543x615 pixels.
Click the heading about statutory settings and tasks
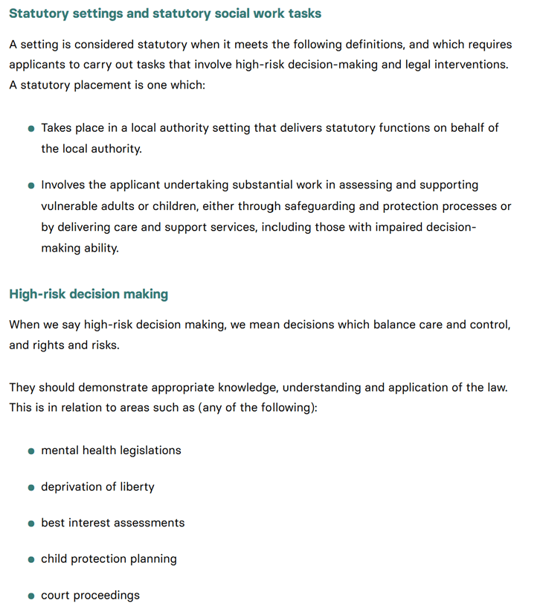tap(165, 13)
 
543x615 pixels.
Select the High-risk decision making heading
tap(89, 294)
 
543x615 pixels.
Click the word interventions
tap(471, 65)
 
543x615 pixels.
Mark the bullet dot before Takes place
tap(31, 129)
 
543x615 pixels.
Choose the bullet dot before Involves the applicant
tap(31, 185)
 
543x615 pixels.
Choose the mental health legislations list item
tap(111, 450)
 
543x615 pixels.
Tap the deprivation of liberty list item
tap(97, 487)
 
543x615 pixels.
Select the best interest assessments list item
tap(112, 523)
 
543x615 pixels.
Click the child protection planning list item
tap(109, 559)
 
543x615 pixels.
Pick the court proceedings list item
tap(90, 595)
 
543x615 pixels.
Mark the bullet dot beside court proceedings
tap(31, 596)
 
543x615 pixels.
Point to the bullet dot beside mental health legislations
tap(31, 451)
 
